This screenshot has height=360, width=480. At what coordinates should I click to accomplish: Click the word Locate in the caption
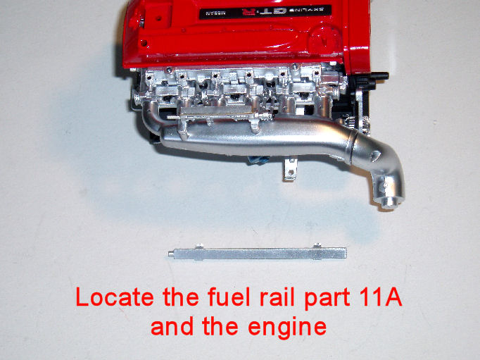[115, 297]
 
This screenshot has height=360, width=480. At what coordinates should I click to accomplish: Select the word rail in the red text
[273, 297]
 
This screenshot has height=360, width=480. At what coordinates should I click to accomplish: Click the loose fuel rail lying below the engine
[258, 254]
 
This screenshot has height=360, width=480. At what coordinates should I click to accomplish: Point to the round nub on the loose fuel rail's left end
[171, 254]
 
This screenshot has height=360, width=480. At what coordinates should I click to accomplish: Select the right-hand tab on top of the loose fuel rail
[317, 245]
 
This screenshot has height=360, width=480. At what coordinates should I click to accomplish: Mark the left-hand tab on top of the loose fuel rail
[200, 246]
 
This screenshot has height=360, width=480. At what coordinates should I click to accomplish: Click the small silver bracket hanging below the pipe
[290, 169]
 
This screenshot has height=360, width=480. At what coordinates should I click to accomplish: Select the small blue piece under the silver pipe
[259, 160]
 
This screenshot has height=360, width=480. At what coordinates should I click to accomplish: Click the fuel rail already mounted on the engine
[219, 112]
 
